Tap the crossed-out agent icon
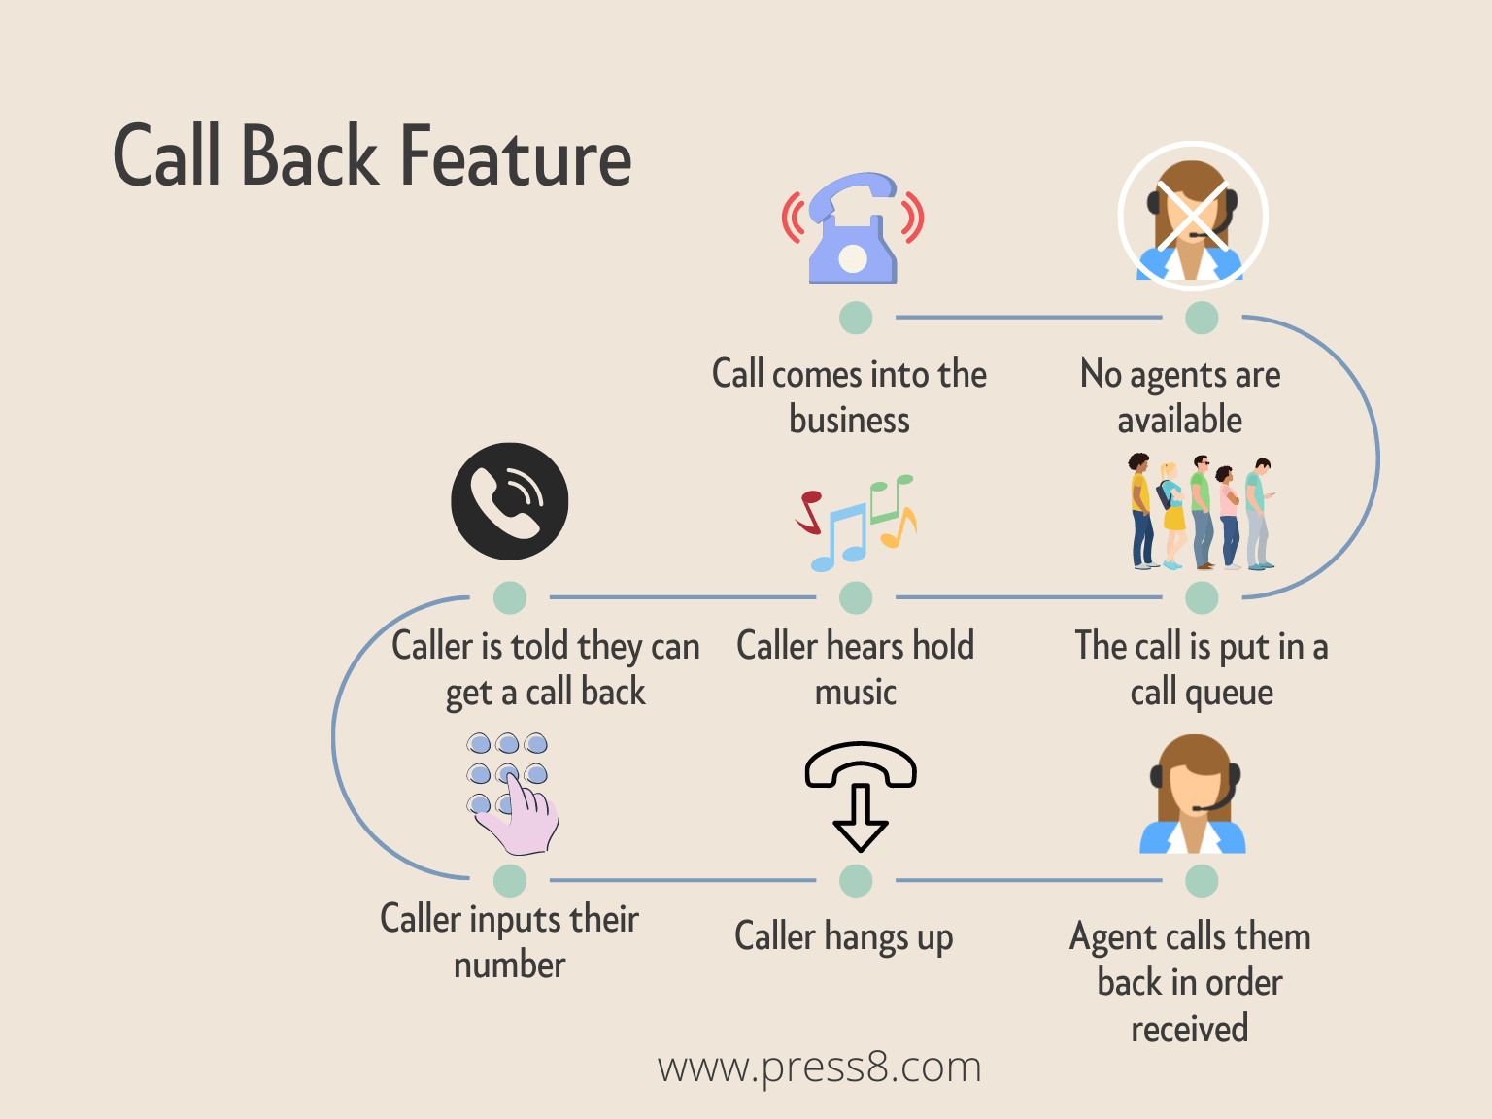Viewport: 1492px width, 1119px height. click(1192, 217)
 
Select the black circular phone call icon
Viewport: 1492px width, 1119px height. click(510, 501)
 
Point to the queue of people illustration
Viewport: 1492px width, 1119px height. click(1202, 512)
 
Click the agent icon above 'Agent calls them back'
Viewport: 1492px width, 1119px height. click(1193, 795)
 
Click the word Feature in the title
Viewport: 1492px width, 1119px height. click(516, 156)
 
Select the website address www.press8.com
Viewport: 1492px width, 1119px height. click(819, 1068)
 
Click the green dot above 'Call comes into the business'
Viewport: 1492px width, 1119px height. click(856, 318)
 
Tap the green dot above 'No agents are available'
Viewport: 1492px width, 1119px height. click(1202, 318)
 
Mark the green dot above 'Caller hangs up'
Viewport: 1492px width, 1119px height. click(856, 881)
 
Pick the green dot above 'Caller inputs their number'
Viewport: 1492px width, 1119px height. click(510, 881)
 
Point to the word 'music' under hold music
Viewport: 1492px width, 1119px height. click(856, 693)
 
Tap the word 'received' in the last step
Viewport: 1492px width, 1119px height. click(1190, 1029)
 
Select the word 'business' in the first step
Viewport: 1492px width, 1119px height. click(850, 421)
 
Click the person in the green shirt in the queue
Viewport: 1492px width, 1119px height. click(1202, 509)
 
